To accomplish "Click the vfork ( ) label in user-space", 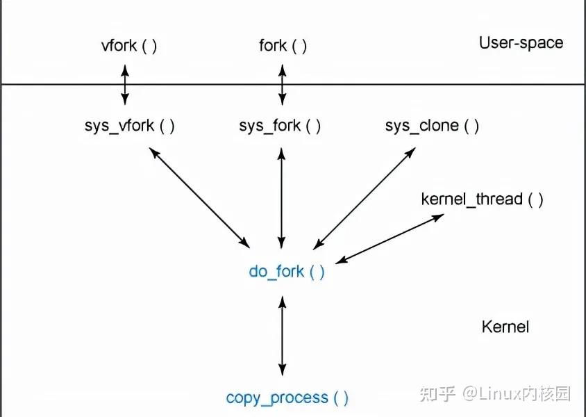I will [x=129, y=47].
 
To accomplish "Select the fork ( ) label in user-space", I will [x=283, y=47].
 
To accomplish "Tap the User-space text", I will [x=521, y=43].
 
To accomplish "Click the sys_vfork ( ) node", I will [x=129, y=126].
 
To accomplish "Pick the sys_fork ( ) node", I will [x=280, y=126].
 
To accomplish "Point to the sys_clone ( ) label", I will [x=432, y=126].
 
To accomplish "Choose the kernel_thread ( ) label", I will [x=482, y=200].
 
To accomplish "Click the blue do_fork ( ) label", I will [x=286, y=272].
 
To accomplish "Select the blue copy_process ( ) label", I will [x=287, y=398].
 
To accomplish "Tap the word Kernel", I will [x=505, y=327].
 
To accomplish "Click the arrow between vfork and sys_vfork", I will [x=125, y=84].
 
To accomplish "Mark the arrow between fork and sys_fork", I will [x=282, y=84].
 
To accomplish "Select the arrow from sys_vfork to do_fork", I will [x=199, y=195].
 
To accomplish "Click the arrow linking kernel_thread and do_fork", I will [x=390, y=238].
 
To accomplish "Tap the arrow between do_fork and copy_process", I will [x=281, y=336].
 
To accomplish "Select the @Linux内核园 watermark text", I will [x=517, y=394].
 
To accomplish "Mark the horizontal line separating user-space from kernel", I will [x=417, y=84].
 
